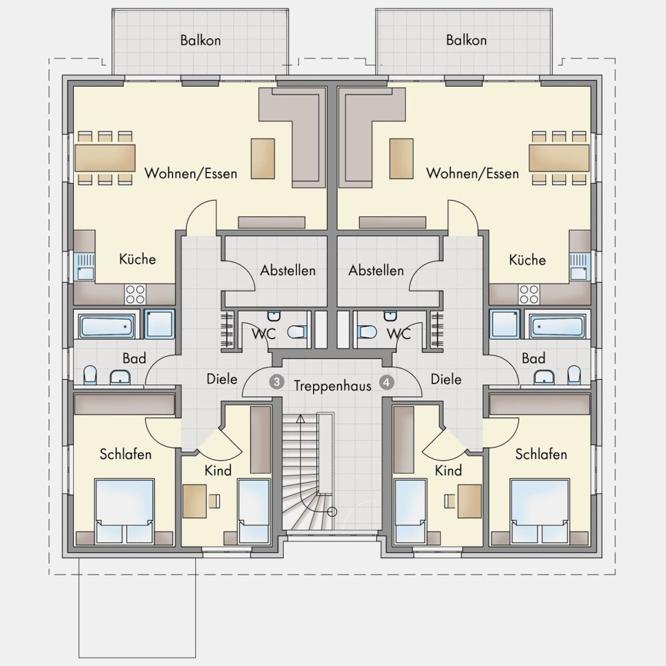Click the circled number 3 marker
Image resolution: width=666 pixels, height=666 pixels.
[276, 382]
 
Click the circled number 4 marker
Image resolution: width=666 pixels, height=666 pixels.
[386, 382]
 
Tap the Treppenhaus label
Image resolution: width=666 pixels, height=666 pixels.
[332, 386]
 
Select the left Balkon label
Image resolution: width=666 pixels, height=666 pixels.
[200, 41]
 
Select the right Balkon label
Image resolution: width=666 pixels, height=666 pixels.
[466, 40]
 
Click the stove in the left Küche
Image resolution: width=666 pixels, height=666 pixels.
[135, 294]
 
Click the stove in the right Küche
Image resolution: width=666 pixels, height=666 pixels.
[529, 294]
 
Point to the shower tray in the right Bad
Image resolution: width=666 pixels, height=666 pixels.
[505, 324]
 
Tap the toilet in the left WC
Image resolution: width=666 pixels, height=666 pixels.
[296, 332]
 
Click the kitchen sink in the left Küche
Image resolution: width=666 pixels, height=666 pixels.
[85, 267]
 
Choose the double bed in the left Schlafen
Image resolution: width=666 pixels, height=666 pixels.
[124, 511]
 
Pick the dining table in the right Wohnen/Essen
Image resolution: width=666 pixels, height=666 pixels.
[559, 158]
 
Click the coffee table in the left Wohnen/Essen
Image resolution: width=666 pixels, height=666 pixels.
[263, 158]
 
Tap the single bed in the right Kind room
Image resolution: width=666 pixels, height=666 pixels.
[411, 511]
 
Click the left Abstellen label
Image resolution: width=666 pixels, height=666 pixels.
[288, 270]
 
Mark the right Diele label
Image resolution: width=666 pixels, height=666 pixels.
[446, 379]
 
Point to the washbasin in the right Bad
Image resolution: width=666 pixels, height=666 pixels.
[544, 376]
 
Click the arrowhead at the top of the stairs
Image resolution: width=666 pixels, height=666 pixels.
[300, 418]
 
